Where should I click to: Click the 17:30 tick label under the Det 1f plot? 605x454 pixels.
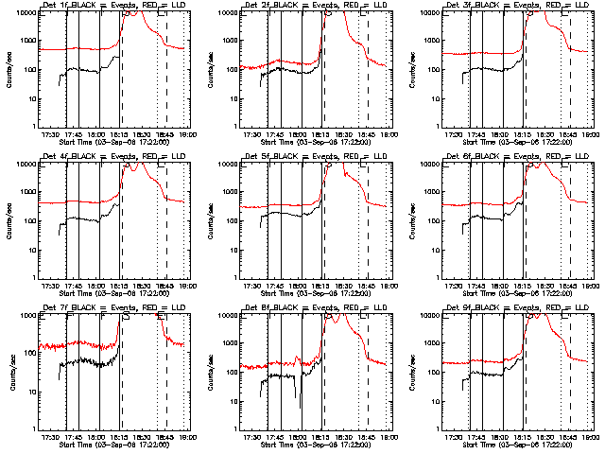(51, 133)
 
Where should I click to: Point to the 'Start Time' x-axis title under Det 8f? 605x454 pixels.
(284, 443)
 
